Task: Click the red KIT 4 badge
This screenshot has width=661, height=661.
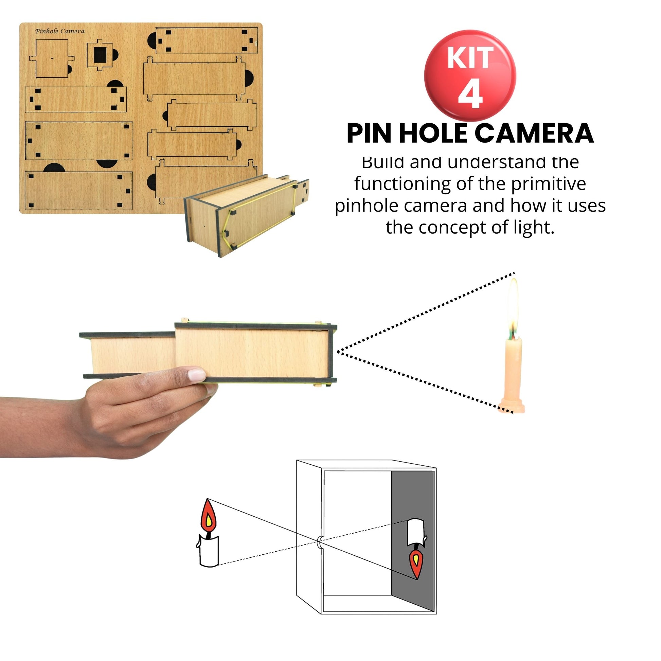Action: tap(470, 76)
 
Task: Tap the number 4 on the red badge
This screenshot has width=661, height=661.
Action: tap(470, 95)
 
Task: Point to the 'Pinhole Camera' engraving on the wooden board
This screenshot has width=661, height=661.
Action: tap(60, 31)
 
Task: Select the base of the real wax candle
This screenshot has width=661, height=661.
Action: tap(511, 407)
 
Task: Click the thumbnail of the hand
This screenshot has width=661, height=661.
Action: tap(197, 375)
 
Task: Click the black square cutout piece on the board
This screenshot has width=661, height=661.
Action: tap(100, 55)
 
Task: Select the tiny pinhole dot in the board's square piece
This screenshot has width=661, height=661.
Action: tap(52, 58)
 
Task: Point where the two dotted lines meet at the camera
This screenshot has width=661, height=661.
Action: tap(337, 351)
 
